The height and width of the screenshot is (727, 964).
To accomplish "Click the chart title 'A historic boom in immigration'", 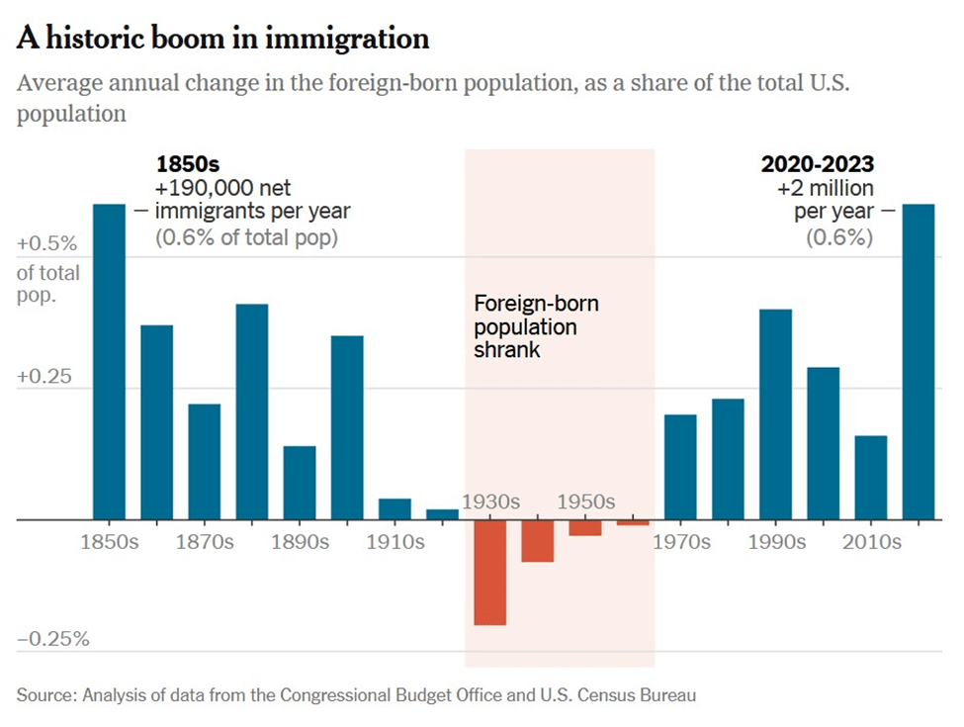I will tap(223, 39).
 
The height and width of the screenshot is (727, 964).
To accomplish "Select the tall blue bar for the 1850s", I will tap(109, 361).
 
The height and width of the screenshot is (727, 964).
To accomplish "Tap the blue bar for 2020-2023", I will tap(919, 361).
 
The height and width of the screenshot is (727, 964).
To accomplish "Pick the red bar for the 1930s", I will tap(489, 572).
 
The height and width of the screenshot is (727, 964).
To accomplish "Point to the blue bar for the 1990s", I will tap(775, 414).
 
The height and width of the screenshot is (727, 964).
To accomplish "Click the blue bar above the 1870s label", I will tap(204, 461).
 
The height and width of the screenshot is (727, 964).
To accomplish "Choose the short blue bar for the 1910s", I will tap(394, 508).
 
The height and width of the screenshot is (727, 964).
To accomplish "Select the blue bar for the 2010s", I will tap(871, 477).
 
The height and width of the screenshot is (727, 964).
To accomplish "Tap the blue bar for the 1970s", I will tap(680, 466).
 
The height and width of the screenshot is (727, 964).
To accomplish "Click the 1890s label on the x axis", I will tap(300, 542).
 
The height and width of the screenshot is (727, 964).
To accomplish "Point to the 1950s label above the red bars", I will tap(585, 502).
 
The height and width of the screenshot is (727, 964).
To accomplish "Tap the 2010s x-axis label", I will tap(871, 542).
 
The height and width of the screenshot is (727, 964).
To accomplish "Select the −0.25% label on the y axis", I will tap(53, 639).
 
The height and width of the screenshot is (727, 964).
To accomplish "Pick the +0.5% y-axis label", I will tap(46, 243).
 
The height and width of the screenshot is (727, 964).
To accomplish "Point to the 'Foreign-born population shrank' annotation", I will tap(536, 326).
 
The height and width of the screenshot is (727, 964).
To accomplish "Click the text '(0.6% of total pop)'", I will tap(246, 237).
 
